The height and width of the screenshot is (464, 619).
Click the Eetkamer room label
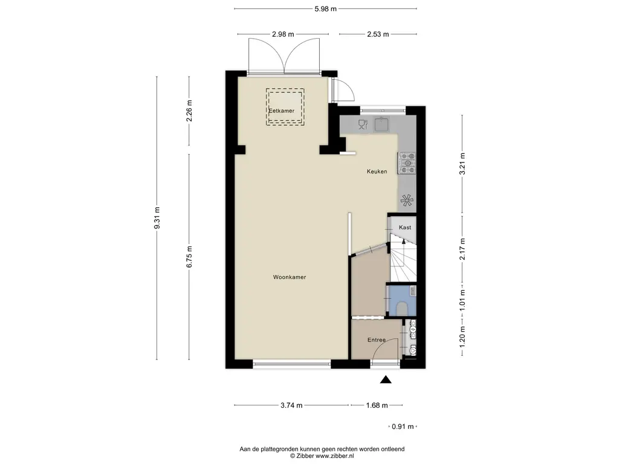(x=282, y=111)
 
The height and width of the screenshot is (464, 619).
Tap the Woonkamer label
(x=290, y=277)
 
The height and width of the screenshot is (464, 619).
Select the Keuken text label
(x=377, y=172)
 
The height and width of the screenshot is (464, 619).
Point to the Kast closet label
(x=405, y=228)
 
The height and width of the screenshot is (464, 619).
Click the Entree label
(x=376, y=340)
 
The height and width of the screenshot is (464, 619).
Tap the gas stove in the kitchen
(x=407, y=163)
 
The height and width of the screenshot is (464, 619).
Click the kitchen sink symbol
(x=381, y=124)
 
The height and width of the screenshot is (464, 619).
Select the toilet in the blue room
(x=402, y=308)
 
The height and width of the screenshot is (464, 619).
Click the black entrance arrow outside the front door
(x=386, y=379)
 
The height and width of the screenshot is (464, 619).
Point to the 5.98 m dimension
(x=325, y=8)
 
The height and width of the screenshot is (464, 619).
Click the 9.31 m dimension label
(x=157, y=217)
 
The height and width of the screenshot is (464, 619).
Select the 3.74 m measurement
(x=291, y=405)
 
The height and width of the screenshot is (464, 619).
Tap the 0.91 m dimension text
(x=403, y=427)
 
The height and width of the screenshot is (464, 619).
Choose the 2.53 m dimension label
(x=378, y=34)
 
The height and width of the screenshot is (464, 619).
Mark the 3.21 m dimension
(x=462, y=164)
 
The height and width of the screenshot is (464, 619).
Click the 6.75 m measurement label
(x=189, y=257)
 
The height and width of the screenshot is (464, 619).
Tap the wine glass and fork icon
(x=363, y=124)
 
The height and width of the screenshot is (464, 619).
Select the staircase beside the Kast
(x=403, y=258)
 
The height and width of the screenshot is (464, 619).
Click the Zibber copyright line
(x=322, y=456)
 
